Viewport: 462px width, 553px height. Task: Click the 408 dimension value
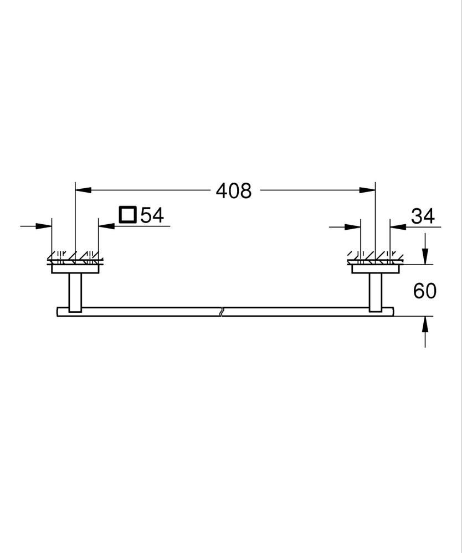233,191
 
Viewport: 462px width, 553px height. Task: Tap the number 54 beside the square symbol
152,215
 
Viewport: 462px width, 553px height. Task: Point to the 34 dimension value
423,216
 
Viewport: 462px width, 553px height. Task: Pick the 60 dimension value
425,291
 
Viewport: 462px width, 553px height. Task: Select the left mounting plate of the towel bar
75,269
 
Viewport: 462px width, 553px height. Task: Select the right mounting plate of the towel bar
375,269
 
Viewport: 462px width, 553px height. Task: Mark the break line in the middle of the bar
222,311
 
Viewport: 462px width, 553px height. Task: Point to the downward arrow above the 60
425,256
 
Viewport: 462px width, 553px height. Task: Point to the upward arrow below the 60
425,324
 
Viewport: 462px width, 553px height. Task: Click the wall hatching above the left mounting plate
75,256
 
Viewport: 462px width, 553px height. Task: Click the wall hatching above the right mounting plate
375,256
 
